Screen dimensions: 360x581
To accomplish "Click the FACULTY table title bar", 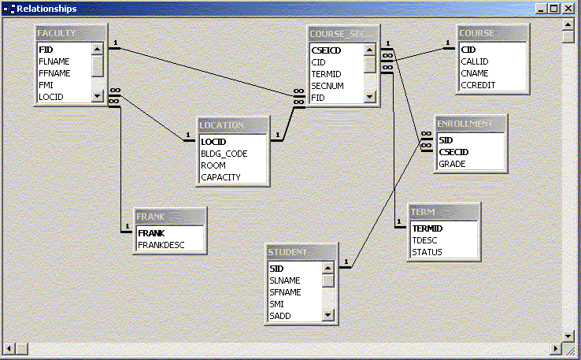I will [71, 33].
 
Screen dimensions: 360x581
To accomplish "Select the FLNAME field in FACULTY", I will [54, 61].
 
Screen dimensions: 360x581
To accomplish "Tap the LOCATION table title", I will [232, 125].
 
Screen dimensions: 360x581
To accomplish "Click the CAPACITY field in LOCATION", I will [220, 177].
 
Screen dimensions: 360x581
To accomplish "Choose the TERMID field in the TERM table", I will [427, 228].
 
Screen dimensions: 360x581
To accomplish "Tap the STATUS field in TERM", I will [427, 252].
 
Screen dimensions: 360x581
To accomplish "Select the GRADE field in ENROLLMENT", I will [452, 164].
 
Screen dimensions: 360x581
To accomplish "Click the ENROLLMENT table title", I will [470, 124].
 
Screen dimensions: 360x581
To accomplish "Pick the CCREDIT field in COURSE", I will [478, 84].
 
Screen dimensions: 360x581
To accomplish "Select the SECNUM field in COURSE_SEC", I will [328, 84].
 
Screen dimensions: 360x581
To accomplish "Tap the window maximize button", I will [554, 9].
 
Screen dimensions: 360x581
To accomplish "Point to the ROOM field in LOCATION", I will [213, 165].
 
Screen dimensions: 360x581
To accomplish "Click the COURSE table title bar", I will [492, 33].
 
